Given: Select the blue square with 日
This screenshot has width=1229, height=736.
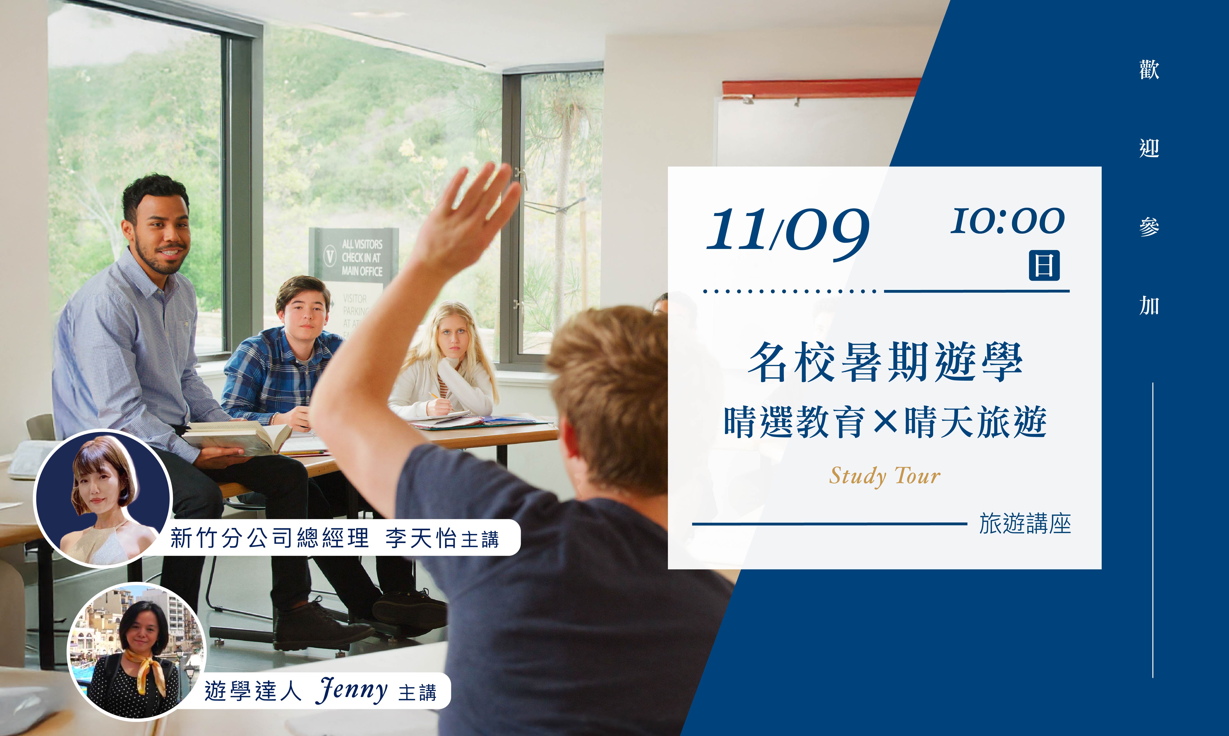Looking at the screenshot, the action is tap(1044, 265).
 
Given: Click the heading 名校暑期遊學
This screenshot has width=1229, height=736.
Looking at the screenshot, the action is tap(885, 362).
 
